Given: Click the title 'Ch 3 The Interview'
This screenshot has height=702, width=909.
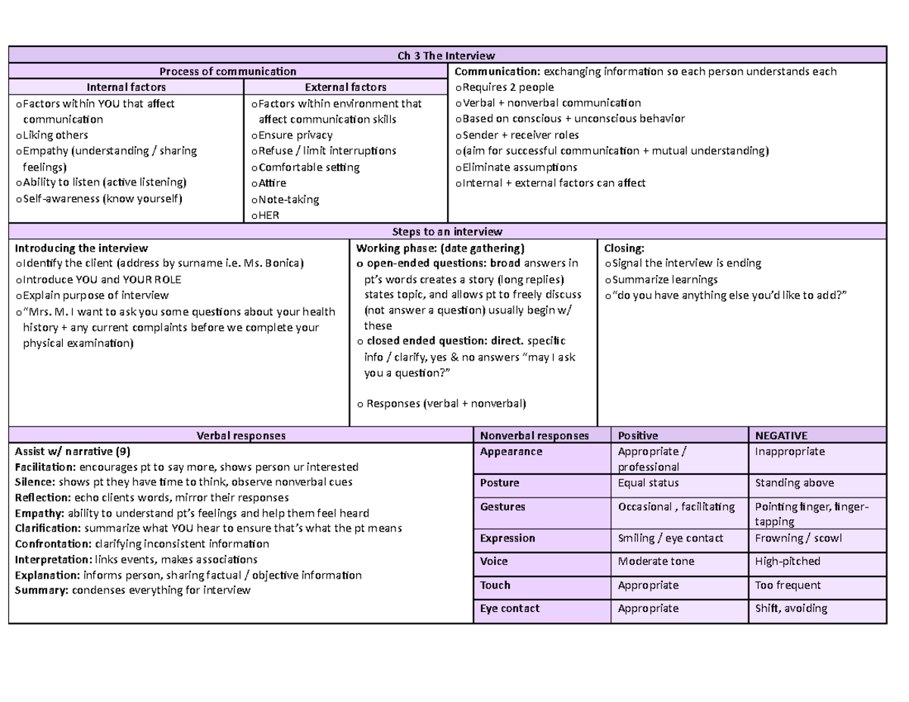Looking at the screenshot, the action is coord(446,55).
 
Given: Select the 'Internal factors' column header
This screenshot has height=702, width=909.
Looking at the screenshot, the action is coord(126,88).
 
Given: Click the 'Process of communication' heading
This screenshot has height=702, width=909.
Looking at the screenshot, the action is coord(228,72).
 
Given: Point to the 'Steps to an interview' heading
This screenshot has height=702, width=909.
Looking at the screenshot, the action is coord(446,231).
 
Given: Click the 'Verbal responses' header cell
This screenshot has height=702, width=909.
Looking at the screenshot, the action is coord(240,435).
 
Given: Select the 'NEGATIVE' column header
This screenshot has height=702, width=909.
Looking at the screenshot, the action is coord(781,435).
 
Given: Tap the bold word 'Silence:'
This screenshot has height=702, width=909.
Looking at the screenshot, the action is coord(35,482).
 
